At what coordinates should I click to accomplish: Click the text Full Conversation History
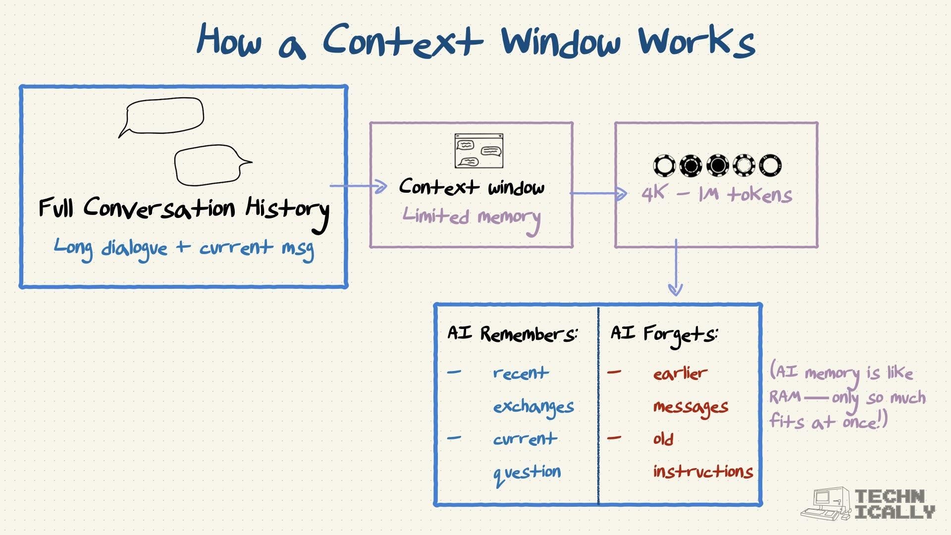tap(184, 209)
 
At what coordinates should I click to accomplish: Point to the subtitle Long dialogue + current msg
tap(184, 248)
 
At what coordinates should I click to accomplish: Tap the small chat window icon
tap(478, 151)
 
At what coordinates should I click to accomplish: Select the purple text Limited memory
tap(471, 217)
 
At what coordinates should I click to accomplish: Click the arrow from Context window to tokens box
tap(598, 193)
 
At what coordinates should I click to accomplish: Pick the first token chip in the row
tap(664, 165)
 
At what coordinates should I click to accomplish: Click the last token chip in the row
tap(770, 165)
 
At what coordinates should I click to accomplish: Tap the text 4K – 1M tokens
tap(717, 194)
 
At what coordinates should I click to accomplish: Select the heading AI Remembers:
tap(512, 334)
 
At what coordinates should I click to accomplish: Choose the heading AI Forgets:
tap(664, 334)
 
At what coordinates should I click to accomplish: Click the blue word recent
tap(521, 373)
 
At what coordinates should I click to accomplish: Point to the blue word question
tap(527, 473)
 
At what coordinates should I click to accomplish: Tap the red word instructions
tap(703, 471)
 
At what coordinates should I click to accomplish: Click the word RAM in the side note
tap(785, 397)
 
